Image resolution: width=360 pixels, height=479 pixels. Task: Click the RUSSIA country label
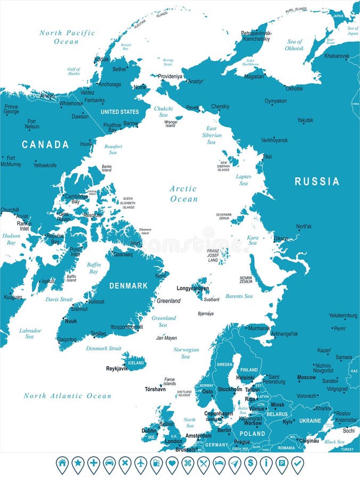pos(317,181)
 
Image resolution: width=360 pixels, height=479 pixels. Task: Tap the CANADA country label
pos(45,144)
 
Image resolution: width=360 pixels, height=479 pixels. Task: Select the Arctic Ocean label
pos(184,194)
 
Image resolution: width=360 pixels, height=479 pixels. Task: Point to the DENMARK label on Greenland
pos(128,286)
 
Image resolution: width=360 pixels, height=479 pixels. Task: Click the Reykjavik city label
pos(117,368)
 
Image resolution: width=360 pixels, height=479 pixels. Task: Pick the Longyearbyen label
pos(193,288)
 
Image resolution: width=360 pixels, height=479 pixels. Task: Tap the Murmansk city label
pos(259,328)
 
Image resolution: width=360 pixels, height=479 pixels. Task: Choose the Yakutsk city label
pos(305,120)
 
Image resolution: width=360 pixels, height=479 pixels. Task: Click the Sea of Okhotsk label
pos(294,45)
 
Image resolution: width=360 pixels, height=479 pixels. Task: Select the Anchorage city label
pos(110,84)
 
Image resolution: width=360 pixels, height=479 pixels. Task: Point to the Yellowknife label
pos(45,165)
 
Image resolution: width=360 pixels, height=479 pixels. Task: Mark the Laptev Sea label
pos(243,179)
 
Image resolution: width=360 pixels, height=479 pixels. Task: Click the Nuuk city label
pos(71,321)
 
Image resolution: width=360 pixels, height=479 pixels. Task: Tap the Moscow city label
pos(306,377)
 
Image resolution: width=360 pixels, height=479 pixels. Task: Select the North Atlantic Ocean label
pos(68,396)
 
